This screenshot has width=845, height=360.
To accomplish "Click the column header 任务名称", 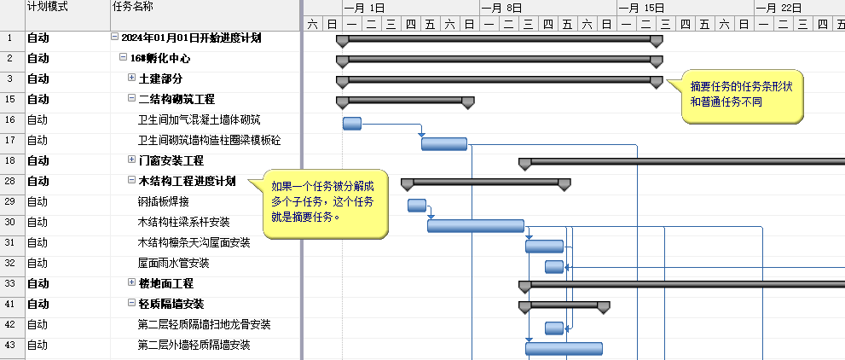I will coord(132,7).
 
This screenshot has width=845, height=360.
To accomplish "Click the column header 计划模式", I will coord(47,7).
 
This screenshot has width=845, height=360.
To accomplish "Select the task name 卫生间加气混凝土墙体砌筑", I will coord(200,119).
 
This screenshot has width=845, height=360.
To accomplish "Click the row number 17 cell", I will coord(10,140).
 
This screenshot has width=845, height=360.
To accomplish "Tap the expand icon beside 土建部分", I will coord(132,78).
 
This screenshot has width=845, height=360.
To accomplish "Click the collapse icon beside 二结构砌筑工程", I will coord(132,99).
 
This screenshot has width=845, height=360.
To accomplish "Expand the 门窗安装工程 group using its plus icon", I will coord(132,160).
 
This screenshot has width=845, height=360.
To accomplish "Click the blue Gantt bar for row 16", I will coord(352,123).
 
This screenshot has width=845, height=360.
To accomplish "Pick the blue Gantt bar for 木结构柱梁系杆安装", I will coord(475,225).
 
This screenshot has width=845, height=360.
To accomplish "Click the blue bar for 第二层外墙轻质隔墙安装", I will coord(563,348).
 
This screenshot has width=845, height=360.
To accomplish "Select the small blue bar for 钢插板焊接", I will coord(416,205).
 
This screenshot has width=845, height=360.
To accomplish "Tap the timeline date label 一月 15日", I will coord(642,8).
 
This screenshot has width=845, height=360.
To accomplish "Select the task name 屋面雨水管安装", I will coord(173,263).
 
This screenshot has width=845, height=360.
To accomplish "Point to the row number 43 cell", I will coord(10,345).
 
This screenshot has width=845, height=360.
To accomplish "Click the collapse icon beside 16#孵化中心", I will coord(124,58).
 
